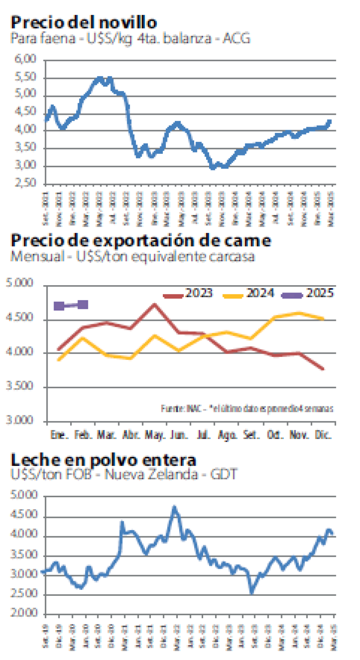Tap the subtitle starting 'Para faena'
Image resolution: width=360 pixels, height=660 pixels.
130,39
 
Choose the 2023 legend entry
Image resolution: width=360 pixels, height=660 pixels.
189,294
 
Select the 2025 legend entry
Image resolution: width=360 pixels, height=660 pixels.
307,294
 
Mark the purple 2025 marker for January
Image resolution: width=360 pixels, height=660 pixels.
59,306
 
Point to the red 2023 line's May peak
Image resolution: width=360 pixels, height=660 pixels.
155,305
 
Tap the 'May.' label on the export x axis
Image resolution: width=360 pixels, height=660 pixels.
155,436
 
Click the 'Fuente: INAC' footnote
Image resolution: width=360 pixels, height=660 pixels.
247,409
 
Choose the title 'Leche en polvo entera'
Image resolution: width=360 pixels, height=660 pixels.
103,460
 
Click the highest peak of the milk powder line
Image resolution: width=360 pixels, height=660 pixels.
174,508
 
